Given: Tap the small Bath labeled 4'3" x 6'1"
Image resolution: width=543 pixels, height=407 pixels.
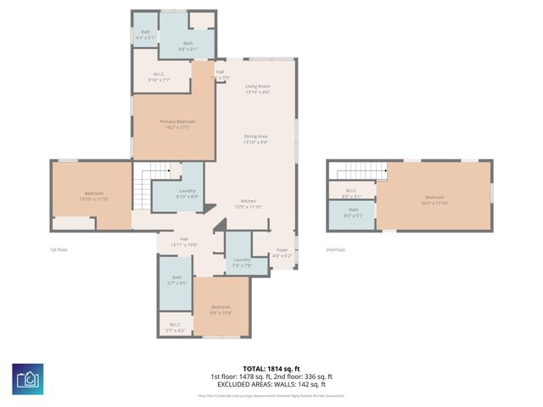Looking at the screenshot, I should click(146, 35).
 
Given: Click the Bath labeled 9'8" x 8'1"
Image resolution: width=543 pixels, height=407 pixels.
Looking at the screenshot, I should click(188, 46).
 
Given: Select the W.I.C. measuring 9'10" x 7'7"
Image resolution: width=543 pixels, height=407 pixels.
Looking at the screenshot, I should click(160, 76).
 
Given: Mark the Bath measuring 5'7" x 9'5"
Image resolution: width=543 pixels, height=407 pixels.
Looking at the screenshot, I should click(176, 281).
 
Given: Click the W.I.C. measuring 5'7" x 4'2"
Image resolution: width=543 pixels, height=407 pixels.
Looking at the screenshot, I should click(176, 326).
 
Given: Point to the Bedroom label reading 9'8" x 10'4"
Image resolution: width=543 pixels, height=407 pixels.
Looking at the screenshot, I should click(221, 309).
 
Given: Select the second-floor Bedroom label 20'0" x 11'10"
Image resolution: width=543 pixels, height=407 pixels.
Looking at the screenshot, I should click(434, 199).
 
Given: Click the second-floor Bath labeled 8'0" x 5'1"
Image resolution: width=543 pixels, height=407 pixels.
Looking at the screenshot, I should click(353, 212).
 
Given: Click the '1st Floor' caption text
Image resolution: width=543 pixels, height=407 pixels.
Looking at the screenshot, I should click(59, 249).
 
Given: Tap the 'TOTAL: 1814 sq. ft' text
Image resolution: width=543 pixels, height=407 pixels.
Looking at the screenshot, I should click(271, 369).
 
